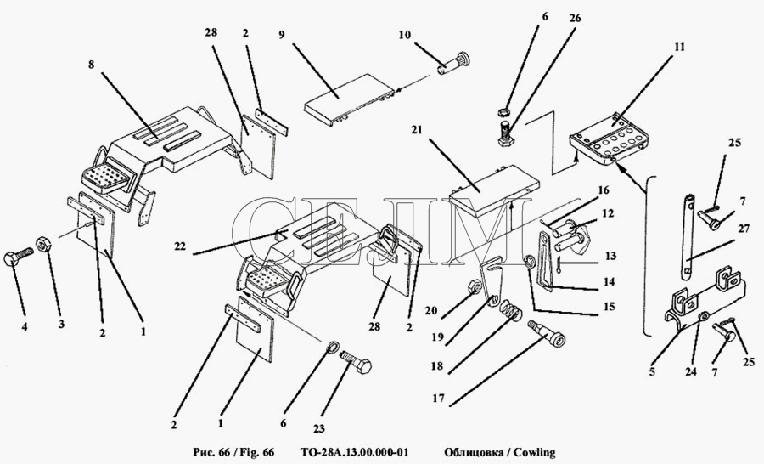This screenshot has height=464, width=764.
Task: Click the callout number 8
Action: (91, 65)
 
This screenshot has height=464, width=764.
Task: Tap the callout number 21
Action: (418, 131)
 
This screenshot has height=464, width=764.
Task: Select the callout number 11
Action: (679, 47)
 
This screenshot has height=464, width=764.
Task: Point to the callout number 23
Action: (318, 429)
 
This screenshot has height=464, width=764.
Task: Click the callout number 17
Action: (438, 399)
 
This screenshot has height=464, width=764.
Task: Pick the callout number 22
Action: (180, 246)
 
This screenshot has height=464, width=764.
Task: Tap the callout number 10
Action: (405, 35)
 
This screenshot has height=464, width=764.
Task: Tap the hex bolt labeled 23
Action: (355, 360)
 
